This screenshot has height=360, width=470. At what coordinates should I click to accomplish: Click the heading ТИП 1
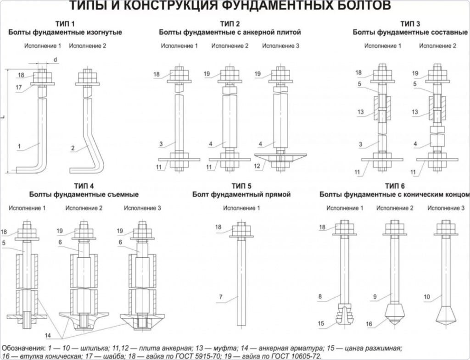pyautogui.click(x=65, y=23)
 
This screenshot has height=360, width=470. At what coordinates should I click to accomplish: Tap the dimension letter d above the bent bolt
pyautogui.click(x=56, y=60)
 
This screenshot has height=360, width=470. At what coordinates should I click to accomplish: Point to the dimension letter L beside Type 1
pyautogui.click(x=4, y=118)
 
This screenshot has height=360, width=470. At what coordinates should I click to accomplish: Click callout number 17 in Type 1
pyautogui.click(x=19, y=88)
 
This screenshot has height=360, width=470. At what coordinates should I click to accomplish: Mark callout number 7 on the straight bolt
pyautogui.click(x=221, y=297)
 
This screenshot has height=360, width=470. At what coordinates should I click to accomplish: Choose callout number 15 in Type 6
pyautogui.click(x=321, y=324)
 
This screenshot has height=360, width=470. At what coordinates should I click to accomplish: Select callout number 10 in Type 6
pyautogui.click(x=426, y=297)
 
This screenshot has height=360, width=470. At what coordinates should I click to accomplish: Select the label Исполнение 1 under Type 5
pyautogui.click(x=241, y=208)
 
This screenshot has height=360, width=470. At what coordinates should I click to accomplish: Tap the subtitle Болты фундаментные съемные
pyautogui.click(x=84, y=194)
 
